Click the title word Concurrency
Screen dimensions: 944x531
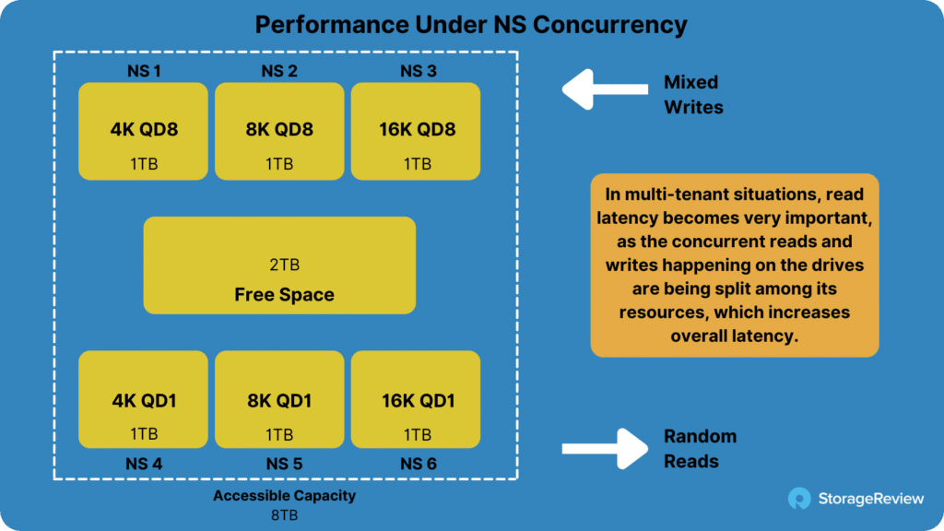[x=610, y=25]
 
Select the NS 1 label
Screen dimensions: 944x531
[x=144, y=71]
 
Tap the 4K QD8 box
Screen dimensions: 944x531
[x=143, y=131]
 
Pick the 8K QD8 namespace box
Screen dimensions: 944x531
[x=279, y=131]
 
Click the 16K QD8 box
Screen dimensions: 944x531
[x=416, y=131]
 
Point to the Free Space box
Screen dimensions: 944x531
[x=279, y=265]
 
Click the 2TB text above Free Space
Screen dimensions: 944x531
[x=284, y=265]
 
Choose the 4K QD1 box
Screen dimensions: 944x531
[x=143, y=399]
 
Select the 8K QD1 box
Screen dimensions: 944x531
[x=279, y=399]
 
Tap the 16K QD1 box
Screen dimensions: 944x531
[x=416, y=399]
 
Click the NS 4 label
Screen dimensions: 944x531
[x=144, y=464]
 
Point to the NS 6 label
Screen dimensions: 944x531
[x=419, y=464]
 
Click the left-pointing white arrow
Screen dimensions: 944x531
[x=605, y=89]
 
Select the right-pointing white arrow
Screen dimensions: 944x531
[x=605, y=449]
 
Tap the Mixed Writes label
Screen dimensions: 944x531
[x=693, y=95]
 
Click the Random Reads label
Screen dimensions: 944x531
[x=701, y=449]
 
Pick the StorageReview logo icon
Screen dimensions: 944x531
[x=799, y=499]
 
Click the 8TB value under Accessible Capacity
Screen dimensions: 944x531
[x=284, y=515]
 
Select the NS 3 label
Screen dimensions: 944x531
[x=419, y=71]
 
